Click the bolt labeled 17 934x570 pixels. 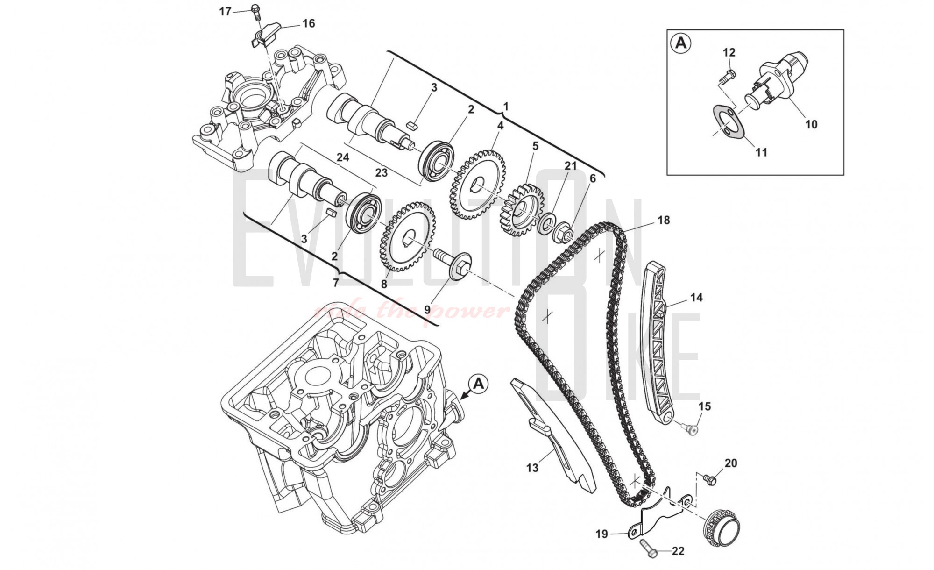(255, 11)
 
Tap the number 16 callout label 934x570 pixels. (309, 23)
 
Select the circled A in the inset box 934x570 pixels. (681, 43)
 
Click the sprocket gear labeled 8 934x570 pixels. (408, 236)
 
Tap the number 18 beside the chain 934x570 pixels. (663, 220)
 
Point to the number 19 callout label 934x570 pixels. (601, 534)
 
